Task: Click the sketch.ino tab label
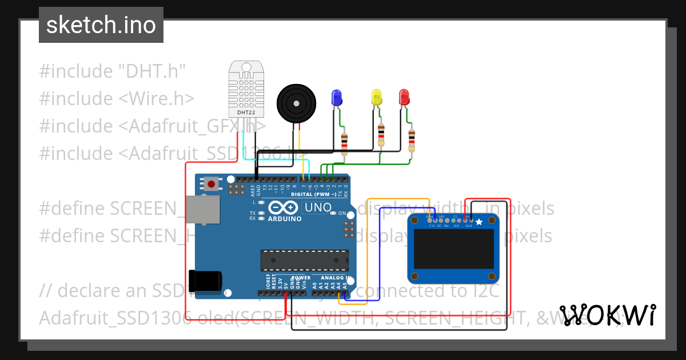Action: [x=101, y=25]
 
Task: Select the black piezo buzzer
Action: [x=296, y=103]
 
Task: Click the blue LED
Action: [x=336, y=97]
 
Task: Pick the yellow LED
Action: [x=376, y=97]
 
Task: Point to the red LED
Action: [x=404, y=97]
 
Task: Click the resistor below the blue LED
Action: [x=344, y=145]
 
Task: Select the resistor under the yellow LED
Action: [x=381, y=136]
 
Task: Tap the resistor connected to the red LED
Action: [x=412, y=141]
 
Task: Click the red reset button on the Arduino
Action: [x=212, y=185]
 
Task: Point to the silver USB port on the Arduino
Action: [x=203, y=209]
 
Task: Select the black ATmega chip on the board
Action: [x=305, y=260]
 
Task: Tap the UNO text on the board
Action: [x=317, y=207]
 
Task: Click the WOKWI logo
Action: [x=608, y=315]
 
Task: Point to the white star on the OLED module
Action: [x=479, y=222]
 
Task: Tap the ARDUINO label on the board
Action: [x=284, y=219]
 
